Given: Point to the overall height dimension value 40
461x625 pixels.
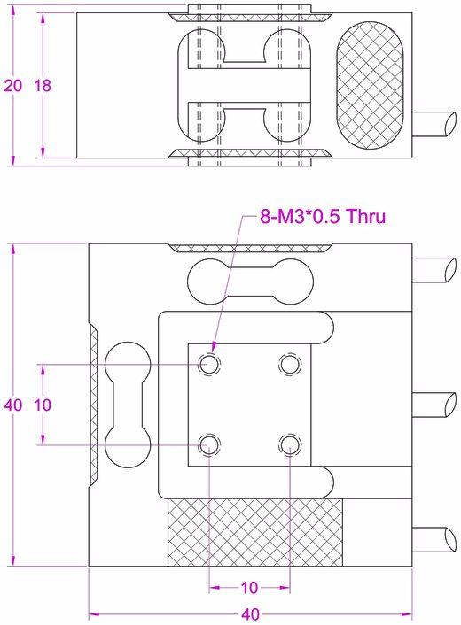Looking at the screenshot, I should (12, 405).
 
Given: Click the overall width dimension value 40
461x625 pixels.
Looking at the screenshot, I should (250, 613).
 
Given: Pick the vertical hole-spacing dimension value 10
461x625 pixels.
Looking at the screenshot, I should (42, 405).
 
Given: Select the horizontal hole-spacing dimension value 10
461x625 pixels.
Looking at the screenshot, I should (249, 587).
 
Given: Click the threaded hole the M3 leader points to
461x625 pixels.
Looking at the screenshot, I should (209, 363).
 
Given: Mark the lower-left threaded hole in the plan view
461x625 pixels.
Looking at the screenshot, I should (209, 444).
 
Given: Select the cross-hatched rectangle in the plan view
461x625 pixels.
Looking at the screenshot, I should (255, 531).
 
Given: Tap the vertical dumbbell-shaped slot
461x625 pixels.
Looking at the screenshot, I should (127, 404).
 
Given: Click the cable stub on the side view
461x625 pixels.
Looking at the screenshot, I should (434, 123).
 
